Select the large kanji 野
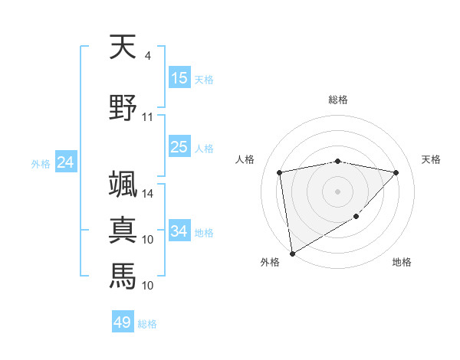(123, 106)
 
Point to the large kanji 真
(123, 229)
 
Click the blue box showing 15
(179, 78)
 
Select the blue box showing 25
(179, 147)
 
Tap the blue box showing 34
(179, 231)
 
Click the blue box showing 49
(123, 322)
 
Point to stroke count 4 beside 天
(147, 56)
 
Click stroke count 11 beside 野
(147, 117)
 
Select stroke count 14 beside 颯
(147, 194)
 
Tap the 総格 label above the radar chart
(338, 100)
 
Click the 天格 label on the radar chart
(431, 159)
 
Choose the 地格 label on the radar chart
(402, 262)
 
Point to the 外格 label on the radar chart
(270, 262)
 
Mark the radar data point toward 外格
(292, 253)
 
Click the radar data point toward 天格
(396, 172)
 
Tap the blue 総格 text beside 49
(147, 324)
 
